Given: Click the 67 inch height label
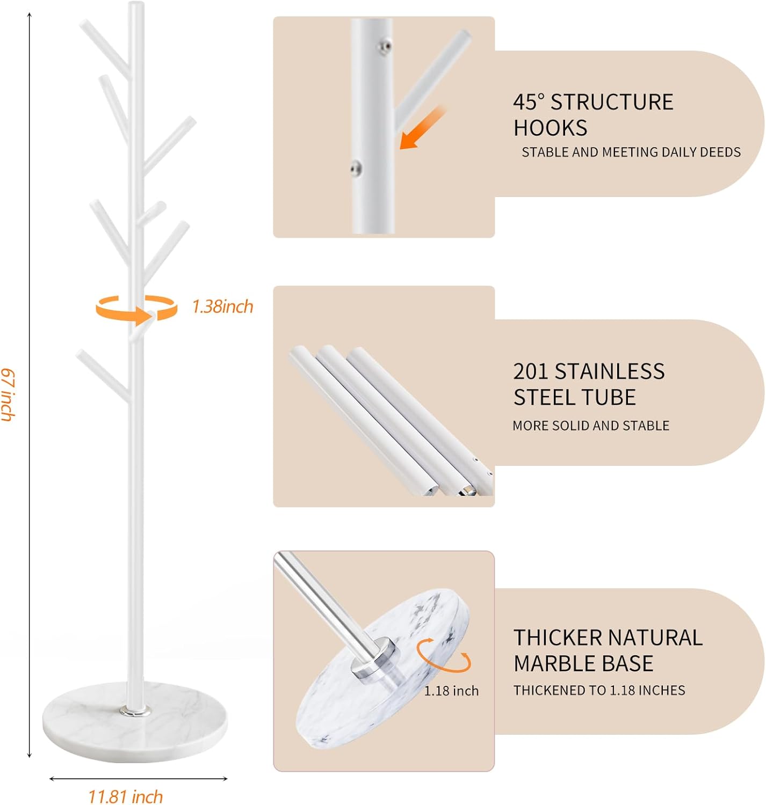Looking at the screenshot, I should click(x=8, y=394).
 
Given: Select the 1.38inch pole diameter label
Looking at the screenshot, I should click(x=222, y=306).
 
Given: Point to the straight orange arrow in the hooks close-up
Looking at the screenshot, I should click(x=422, y=128).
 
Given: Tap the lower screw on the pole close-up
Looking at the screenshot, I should click(x=355, y=169).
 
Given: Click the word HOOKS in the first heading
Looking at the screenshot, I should click(x=550, y=128).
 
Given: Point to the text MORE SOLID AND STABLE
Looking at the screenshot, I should click(x=590, y=426).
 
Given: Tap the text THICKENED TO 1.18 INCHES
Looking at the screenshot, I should click(x=599, y=690).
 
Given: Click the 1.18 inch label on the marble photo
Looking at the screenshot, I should click(x=451, y=691).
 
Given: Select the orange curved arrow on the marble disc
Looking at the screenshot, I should click(x=444, y=655).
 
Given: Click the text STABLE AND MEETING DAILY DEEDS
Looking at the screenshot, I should click(x=631, y=152).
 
